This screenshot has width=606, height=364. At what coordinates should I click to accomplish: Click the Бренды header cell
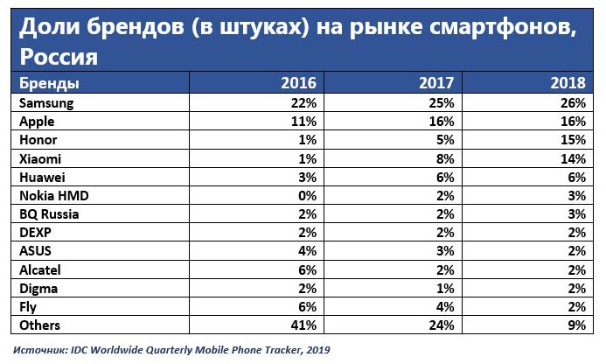click(x=44, y=84)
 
